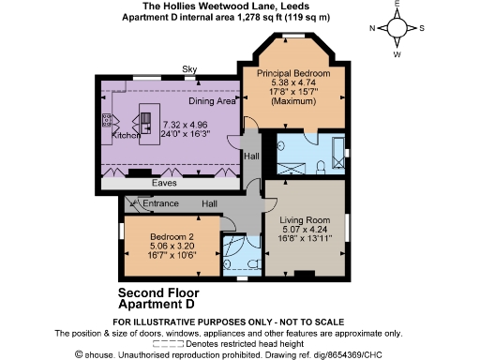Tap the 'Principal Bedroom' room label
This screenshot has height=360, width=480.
coord(285,73)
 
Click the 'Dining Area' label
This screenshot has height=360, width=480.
coord(212,101)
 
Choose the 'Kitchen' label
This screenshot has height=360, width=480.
coord(126,136)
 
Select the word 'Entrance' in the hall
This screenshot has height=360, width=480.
coord(160,203)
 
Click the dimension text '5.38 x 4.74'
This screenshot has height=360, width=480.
coord(285,82)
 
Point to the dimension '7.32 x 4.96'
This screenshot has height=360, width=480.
coord(184,124)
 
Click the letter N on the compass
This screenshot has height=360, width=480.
coord(372,28)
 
